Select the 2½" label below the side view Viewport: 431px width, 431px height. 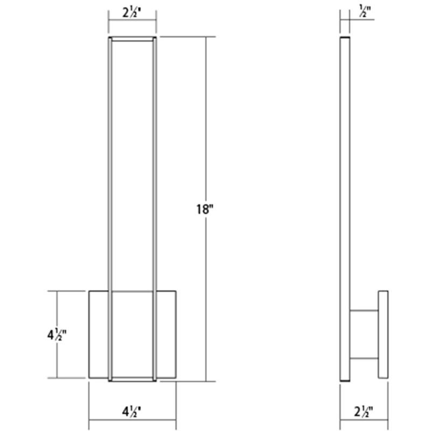[x=364, y=413]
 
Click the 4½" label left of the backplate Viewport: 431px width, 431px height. [x=56, y=336]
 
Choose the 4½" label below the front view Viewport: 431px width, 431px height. [x=132, y=413]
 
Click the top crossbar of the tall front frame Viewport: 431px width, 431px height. [x=133, y=38]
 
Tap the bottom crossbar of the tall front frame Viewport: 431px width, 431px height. [x=133, y=380]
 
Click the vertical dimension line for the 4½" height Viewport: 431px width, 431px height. [x=57, y=307]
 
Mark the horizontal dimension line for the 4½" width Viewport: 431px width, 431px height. [x=108, y=421]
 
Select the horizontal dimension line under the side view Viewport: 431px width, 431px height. [x=350, y=421]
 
